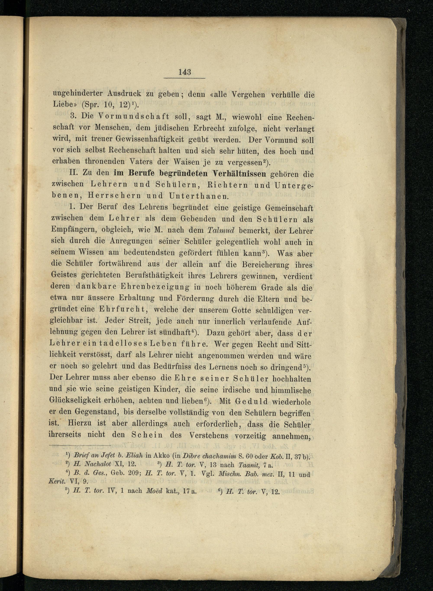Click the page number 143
tap(184, 72)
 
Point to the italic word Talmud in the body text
tap(220, 230)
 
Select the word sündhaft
tap(174, 333)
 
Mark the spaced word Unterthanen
tap(199, 195)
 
